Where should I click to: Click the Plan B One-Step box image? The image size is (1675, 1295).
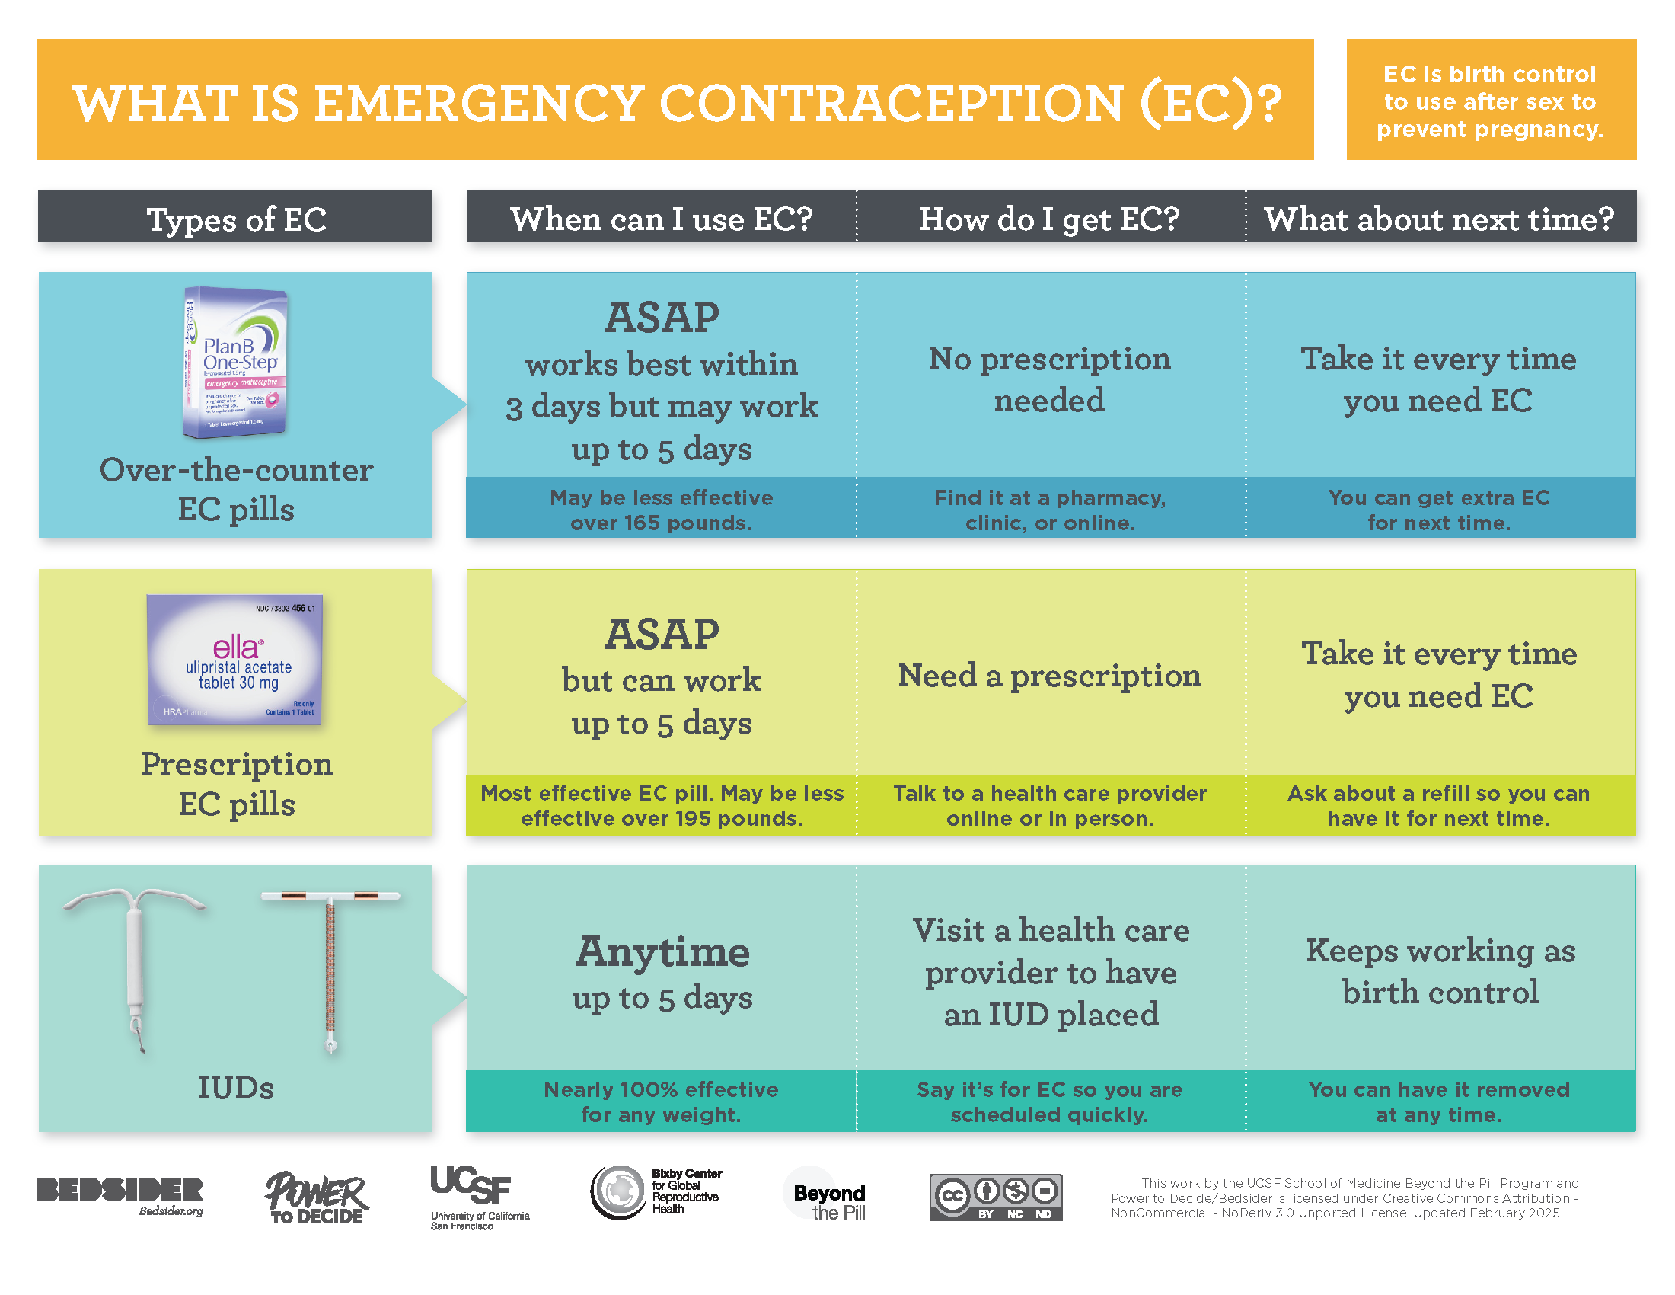(x=235, y=362)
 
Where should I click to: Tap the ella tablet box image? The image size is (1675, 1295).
(x=234, y=660)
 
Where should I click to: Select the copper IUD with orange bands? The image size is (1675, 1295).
(x=330, y=970)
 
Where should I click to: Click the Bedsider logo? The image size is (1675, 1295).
(x=120, y=1195)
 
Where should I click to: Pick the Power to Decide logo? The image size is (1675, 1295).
(x=316, y=1197)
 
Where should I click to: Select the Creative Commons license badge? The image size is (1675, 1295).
(x=995, y=1197)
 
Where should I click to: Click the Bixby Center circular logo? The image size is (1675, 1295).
(x=618, y=1191)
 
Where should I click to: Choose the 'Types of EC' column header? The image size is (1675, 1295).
(x=235, y=219)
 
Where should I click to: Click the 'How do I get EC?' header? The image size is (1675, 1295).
(x=1048, y=219)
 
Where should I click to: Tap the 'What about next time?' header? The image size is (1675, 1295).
(x=1439, y=219)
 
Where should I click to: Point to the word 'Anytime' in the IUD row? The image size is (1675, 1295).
(x=662, y=951)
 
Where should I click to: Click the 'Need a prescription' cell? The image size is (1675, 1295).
(x=1048, y=676)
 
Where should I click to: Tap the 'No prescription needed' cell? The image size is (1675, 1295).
(x=1048, y=380)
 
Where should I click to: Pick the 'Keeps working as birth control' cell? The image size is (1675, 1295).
(x=1440, y=971)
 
